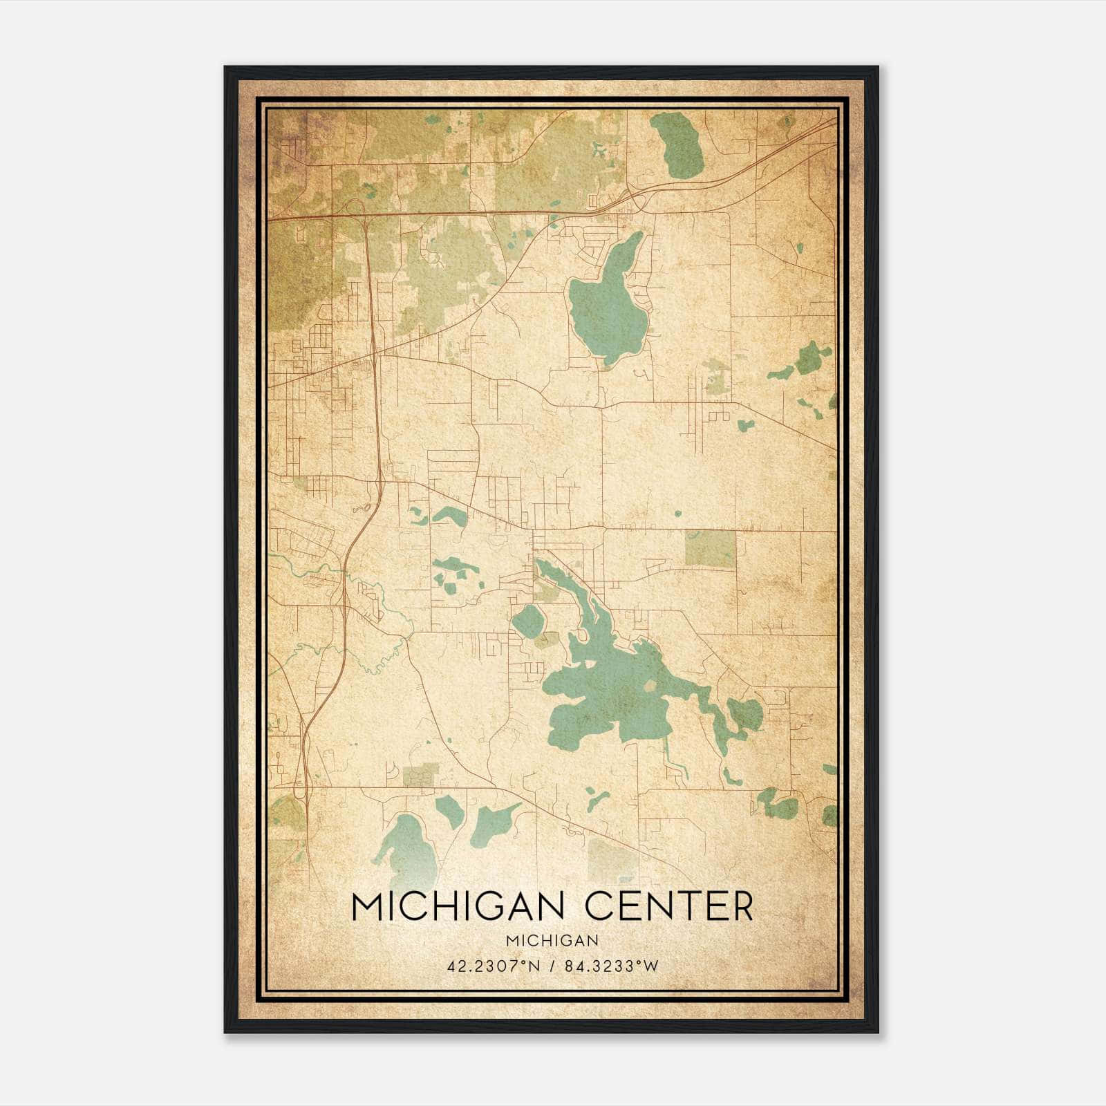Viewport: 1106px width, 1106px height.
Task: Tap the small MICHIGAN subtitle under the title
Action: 552,940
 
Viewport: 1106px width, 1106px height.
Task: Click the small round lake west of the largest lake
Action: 528,621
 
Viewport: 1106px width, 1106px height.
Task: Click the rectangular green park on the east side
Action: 710,549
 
